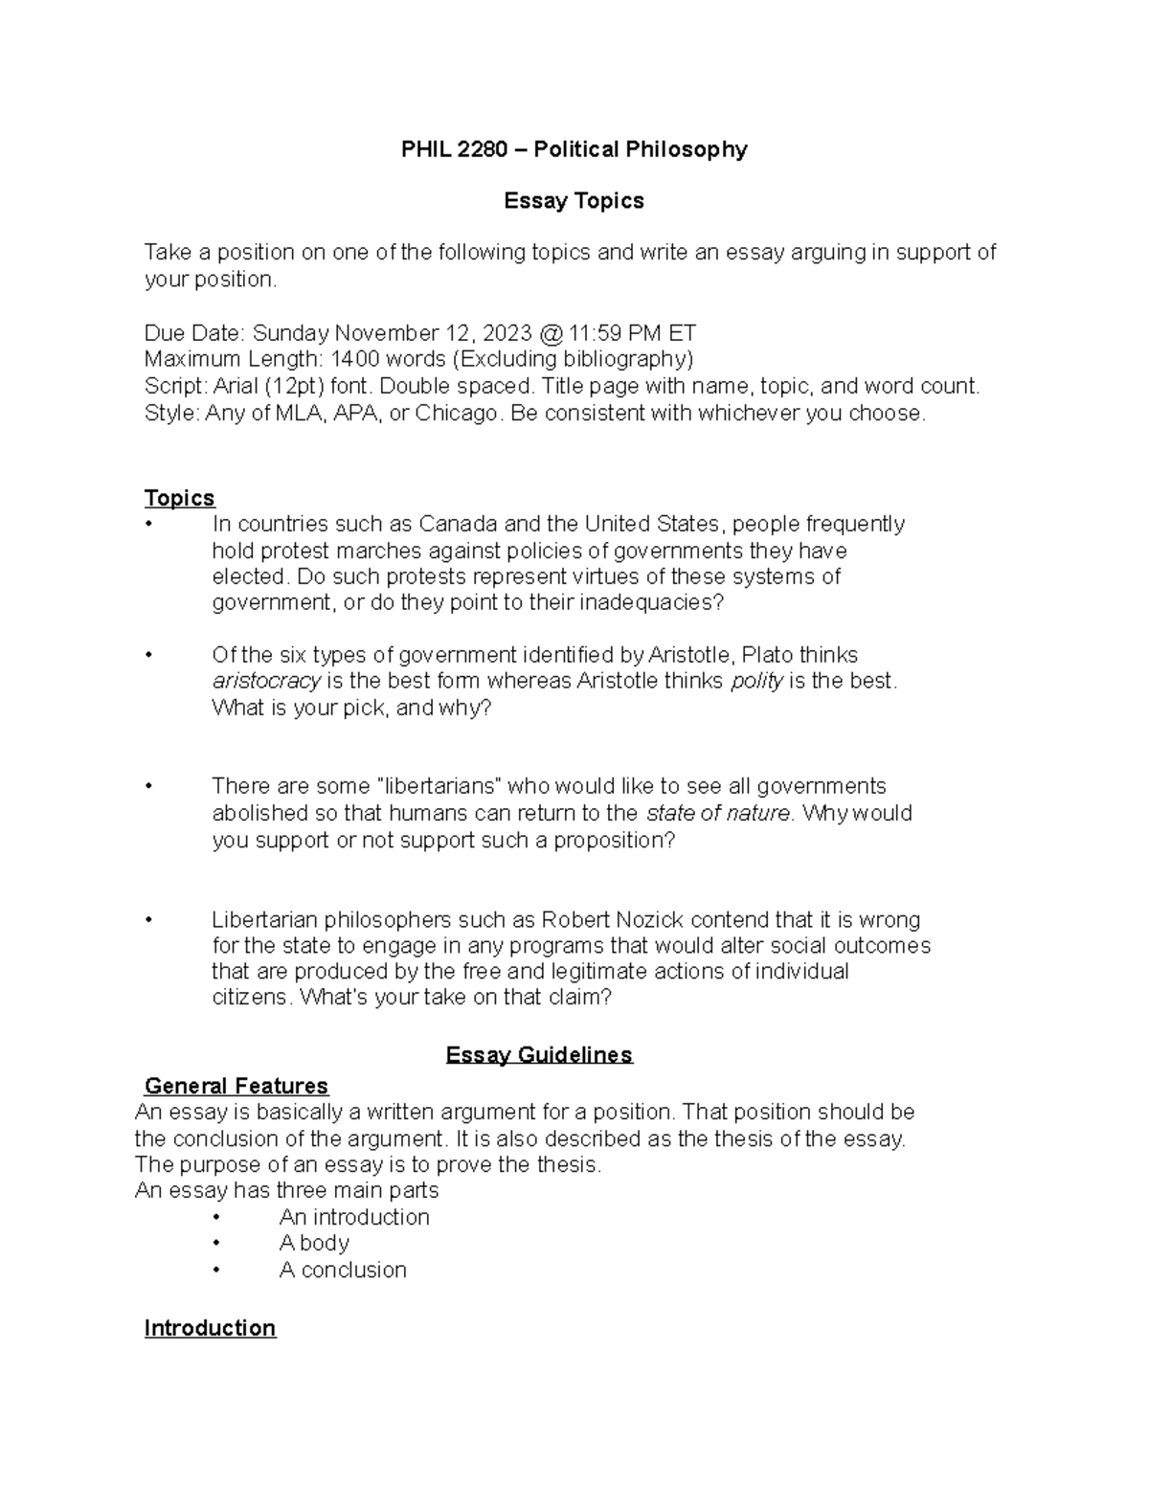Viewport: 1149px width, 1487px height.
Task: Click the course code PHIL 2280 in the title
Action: (454, 149)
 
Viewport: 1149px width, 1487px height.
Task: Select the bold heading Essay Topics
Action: (574, 201)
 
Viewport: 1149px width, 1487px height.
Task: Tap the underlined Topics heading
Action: (179, 498)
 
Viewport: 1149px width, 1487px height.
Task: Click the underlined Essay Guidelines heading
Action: (539, 1055)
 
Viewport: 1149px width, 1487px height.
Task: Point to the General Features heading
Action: (236, 1086)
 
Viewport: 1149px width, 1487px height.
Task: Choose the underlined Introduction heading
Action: (210, 1328)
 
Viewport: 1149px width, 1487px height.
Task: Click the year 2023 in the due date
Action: (507, 333)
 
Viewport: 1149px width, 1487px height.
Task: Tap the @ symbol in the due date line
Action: (551, 333)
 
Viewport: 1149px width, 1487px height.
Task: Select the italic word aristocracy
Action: (266, 681)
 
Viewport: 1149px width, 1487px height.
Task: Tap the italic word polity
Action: (756, 681)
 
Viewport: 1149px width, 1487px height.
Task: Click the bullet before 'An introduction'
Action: (217, 1217)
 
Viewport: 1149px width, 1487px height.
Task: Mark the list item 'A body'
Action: (314, 1243)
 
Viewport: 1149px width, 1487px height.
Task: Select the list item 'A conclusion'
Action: (342, 1270)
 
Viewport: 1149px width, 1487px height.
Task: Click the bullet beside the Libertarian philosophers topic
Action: (148, 920)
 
